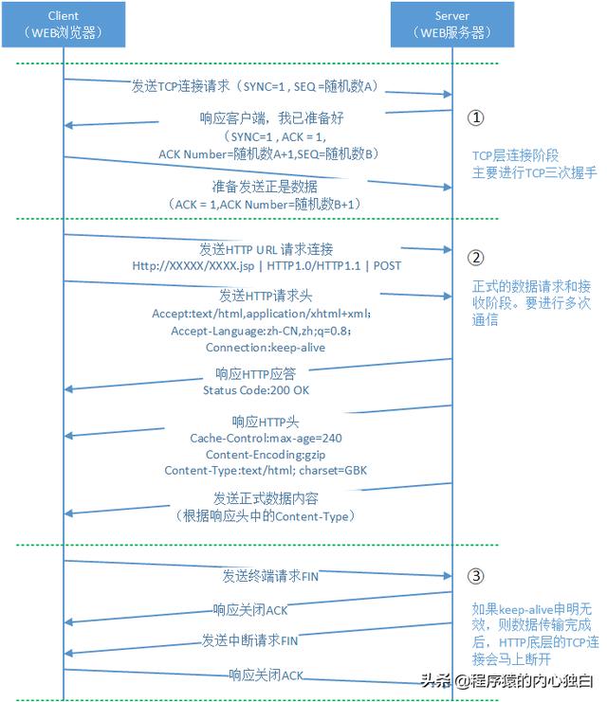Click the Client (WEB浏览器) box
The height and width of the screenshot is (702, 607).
point(64,26)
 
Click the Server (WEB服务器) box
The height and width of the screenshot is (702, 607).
point(451,26)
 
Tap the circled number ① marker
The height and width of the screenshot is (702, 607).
point(476,117)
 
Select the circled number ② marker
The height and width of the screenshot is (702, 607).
point(476,257)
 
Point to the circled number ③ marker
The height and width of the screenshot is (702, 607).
point(476,575)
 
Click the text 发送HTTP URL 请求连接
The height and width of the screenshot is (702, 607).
point(267,249)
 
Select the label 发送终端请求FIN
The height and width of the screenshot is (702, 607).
point(270,576)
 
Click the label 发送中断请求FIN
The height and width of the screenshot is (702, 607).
point(250,640)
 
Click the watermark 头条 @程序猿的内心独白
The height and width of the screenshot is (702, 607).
point(507,680)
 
